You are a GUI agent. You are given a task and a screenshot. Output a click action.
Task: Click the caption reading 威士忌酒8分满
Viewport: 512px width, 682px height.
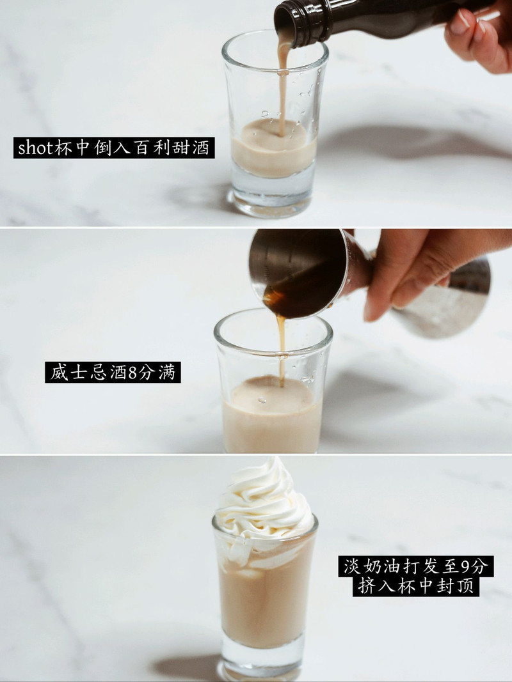(x=113, y=372)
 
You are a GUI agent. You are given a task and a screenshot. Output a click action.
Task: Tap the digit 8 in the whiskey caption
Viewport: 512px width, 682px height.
(x=133, y=372)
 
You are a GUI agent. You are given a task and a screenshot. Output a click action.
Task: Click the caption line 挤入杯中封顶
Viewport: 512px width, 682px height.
(x=416, y=587)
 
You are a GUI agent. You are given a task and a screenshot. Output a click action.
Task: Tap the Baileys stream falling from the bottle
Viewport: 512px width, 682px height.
(x=282, y=83)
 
